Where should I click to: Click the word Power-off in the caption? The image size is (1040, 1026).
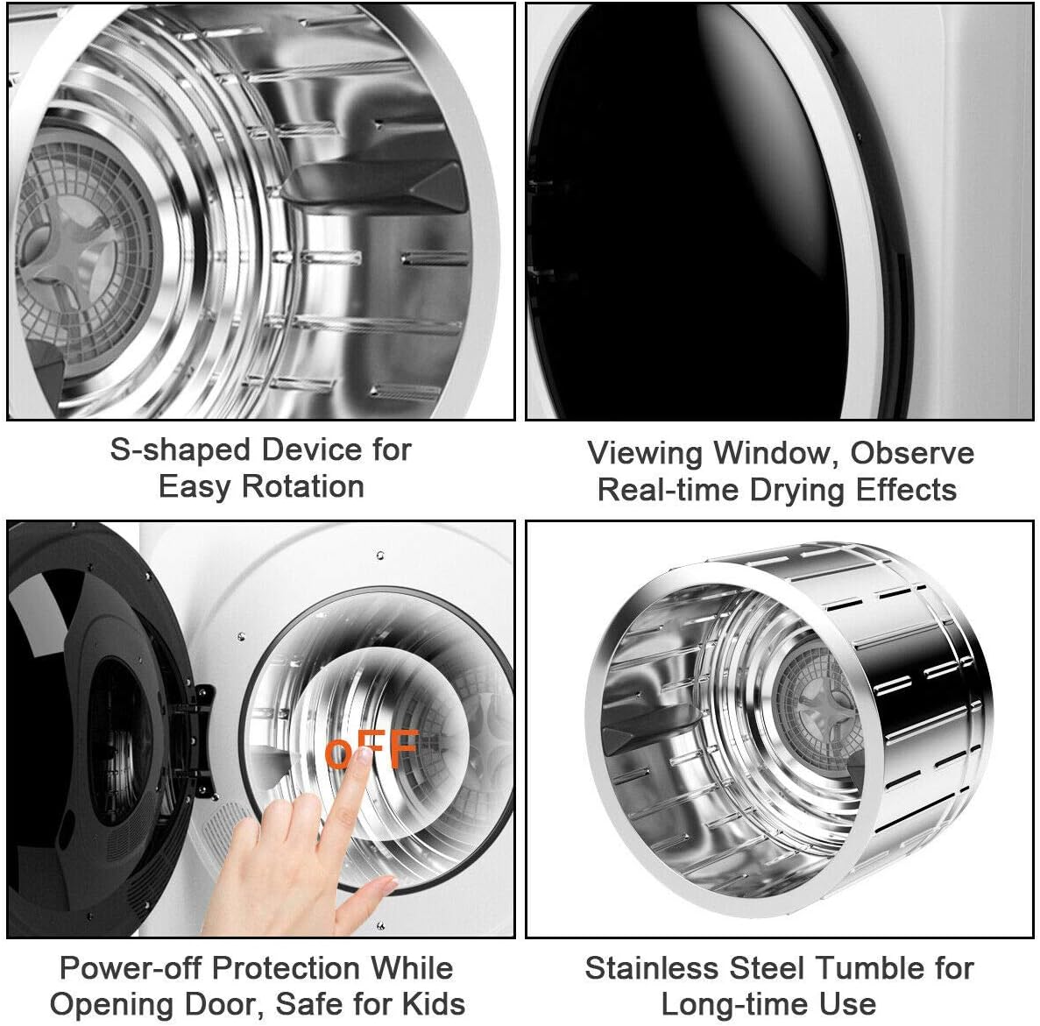coord(131,968)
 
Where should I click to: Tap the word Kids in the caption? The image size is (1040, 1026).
coord(433,1003)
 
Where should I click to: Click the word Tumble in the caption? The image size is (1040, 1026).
coord(858,968)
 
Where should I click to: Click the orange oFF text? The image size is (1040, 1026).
coord(372,750)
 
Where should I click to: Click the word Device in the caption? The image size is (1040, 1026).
coord(311,449)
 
